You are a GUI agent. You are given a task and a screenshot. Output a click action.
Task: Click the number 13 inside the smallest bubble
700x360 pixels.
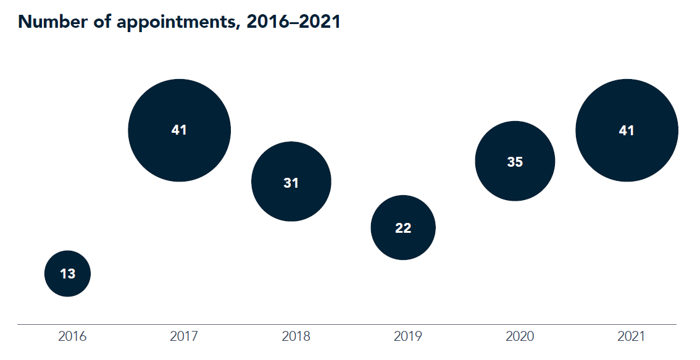pyautogui.click(x=67, y=274)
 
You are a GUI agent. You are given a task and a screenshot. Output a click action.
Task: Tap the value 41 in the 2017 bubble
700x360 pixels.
pyautogui.click(x=179, y=130)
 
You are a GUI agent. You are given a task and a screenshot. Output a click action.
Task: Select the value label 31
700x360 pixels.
pyautogui.click(x=291, y=183)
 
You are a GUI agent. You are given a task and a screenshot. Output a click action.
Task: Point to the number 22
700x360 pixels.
pyautogui.click(x=403, y=228)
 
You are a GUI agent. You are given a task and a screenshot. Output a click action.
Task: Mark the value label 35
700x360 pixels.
pyautogui.click(x=515, y=162)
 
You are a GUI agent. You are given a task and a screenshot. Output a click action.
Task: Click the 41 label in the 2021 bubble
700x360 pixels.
pyautogui.click(x=627, y=130)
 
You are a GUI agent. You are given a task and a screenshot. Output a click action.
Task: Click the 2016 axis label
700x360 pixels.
pyautogui.click(x=72, y=337)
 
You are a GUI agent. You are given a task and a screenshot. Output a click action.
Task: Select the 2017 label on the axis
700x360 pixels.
pyautogui.click(x=184, y=337)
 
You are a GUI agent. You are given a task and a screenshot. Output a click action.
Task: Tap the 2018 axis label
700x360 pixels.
pyautogui.click(x=296, y=337)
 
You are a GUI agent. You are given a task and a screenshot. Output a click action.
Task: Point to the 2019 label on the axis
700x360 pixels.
pyautogui.click(x=408, y=337)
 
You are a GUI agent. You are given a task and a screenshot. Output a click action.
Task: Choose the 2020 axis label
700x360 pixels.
pyautogui.click(x=520, y=337)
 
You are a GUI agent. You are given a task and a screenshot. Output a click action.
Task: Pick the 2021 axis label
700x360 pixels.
pyautogui.click(x=631, y=337)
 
